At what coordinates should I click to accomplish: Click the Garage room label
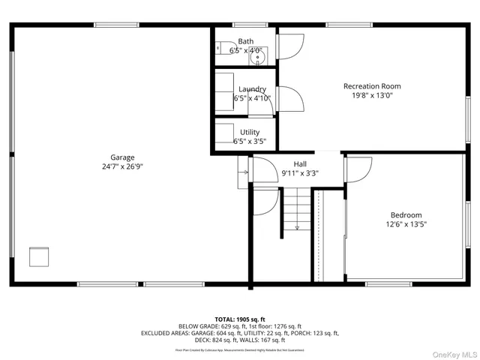click(x=122, y=157)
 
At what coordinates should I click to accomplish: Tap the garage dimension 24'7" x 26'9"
click(x=122, y=167)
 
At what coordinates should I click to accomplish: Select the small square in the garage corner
click(x=39, y=256)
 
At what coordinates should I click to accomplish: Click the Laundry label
click(x=251, y=89)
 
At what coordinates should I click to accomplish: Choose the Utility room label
click(x=250, y=132)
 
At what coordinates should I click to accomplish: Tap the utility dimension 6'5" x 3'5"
click(x=250, y=141)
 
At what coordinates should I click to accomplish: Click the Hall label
click(x=300, y=163)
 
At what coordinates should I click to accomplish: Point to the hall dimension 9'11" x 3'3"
click(x=300, y=173)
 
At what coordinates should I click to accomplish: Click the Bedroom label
click(x=406, y=214)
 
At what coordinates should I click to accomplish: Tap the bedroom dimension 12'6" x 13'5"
click(x=406, y=223)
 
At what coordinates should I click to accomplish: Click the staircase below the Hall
click(x=297, y=210)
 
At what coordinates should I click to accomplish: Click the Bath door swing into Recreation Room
click(x=289, y=46)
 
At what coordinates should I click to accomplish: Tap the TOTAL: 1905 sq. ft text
click(x=239, y=319)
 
